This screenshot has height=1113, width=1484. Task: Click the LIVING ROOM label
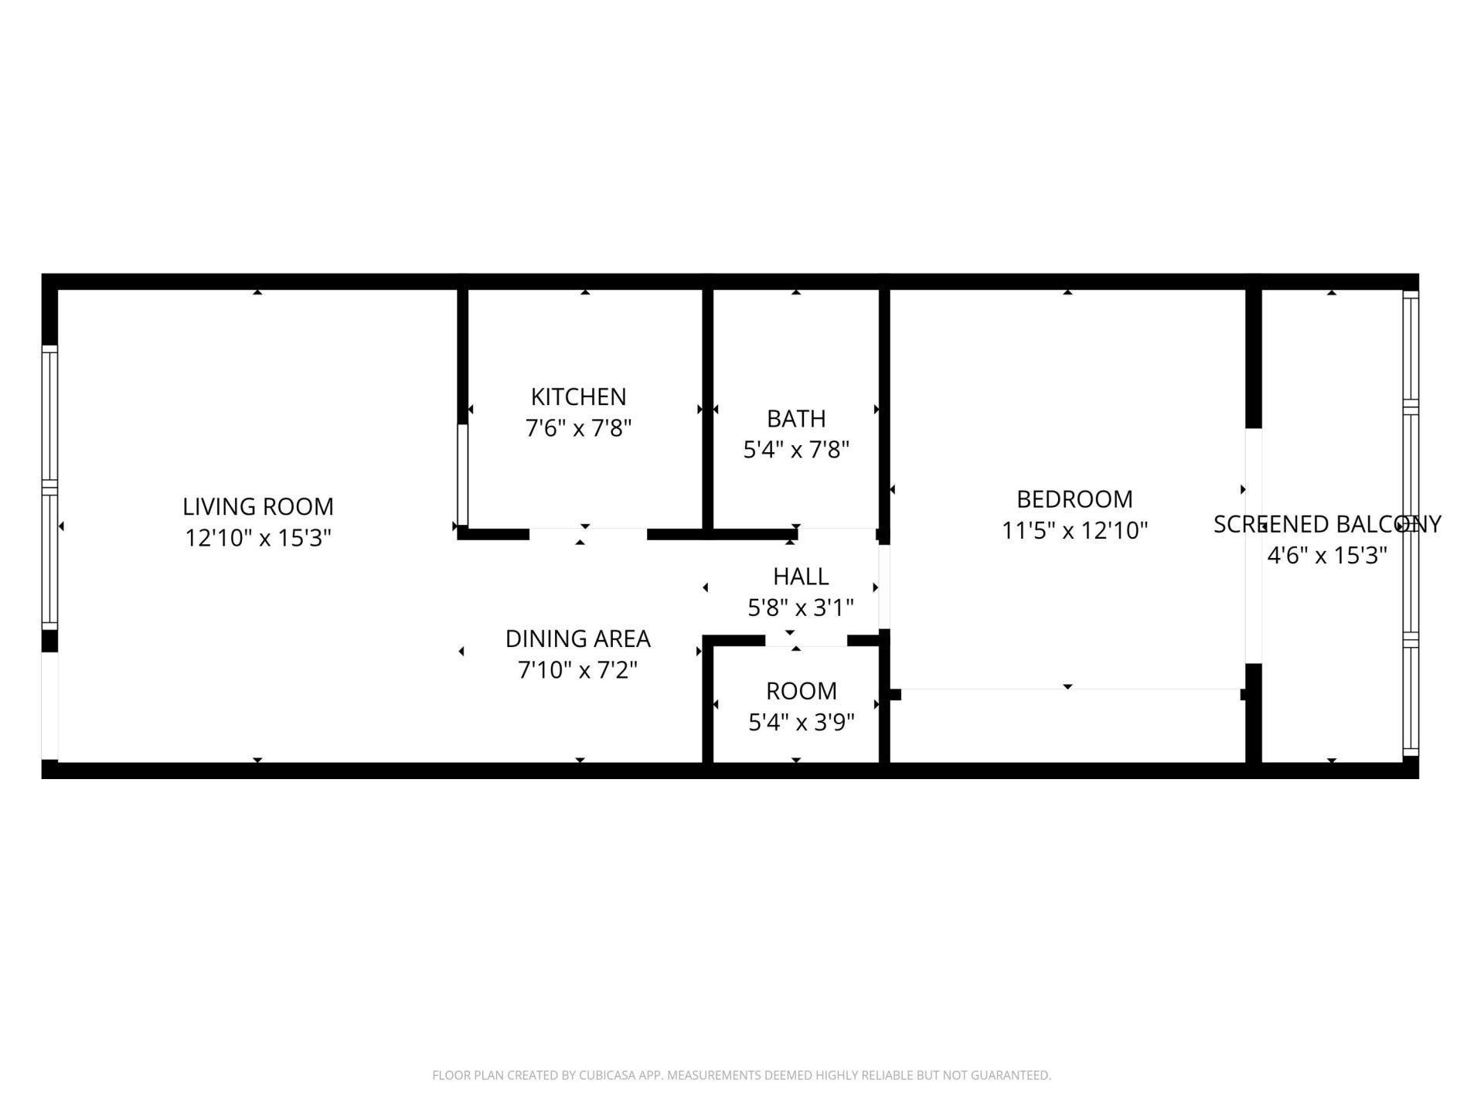[x=257, y=506]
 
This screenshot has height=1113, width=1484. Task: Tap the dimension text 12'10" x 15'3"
[x=257, y=538]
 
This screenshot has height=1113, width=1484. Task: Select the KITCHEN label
[x=578, y=397]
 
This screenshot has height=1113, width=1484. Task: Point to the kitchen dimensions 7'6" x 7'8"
[x=578, y=427]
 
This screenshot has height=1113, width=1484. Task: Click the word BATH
[x=795, y=418]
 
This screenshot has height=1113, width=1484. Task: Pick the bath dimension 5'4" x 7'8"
[x=795, y=449]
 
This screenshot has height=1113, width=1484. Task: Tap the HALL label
[x=800, y=576]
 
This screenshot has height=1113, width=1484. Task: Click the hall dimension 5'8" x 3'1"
[x=800, y=608]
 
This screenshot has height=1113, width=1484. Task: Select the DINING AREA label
[x=577, y=638]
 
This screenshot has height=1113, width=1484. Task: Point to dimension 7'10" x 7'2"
[x=577, y=669]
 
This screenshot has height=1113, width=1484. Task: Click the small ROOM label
[x=801, y=690]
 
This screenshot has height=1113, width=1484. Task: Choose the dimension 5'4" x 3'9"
[x=801, y=722]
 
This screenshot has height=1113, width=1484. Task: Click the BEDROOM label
[x=1074, y=499]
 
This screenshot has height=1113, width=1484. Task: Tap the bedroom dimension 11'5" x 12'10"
[x=1074, y=530]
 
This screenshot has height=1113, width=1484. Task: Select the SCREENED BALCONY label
[x=1326, y=524]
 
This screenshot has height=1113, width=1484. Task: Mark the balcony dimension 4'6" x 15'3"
[x=1326, y=555]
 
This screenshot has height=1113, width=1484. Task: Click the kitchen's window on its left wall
[x=462, y=475]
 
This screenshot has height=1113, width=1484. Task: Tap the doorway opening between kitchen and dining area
[x=587, y=533]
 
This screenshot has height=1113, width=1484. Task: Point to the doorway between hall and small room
[x=805, y=640]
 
